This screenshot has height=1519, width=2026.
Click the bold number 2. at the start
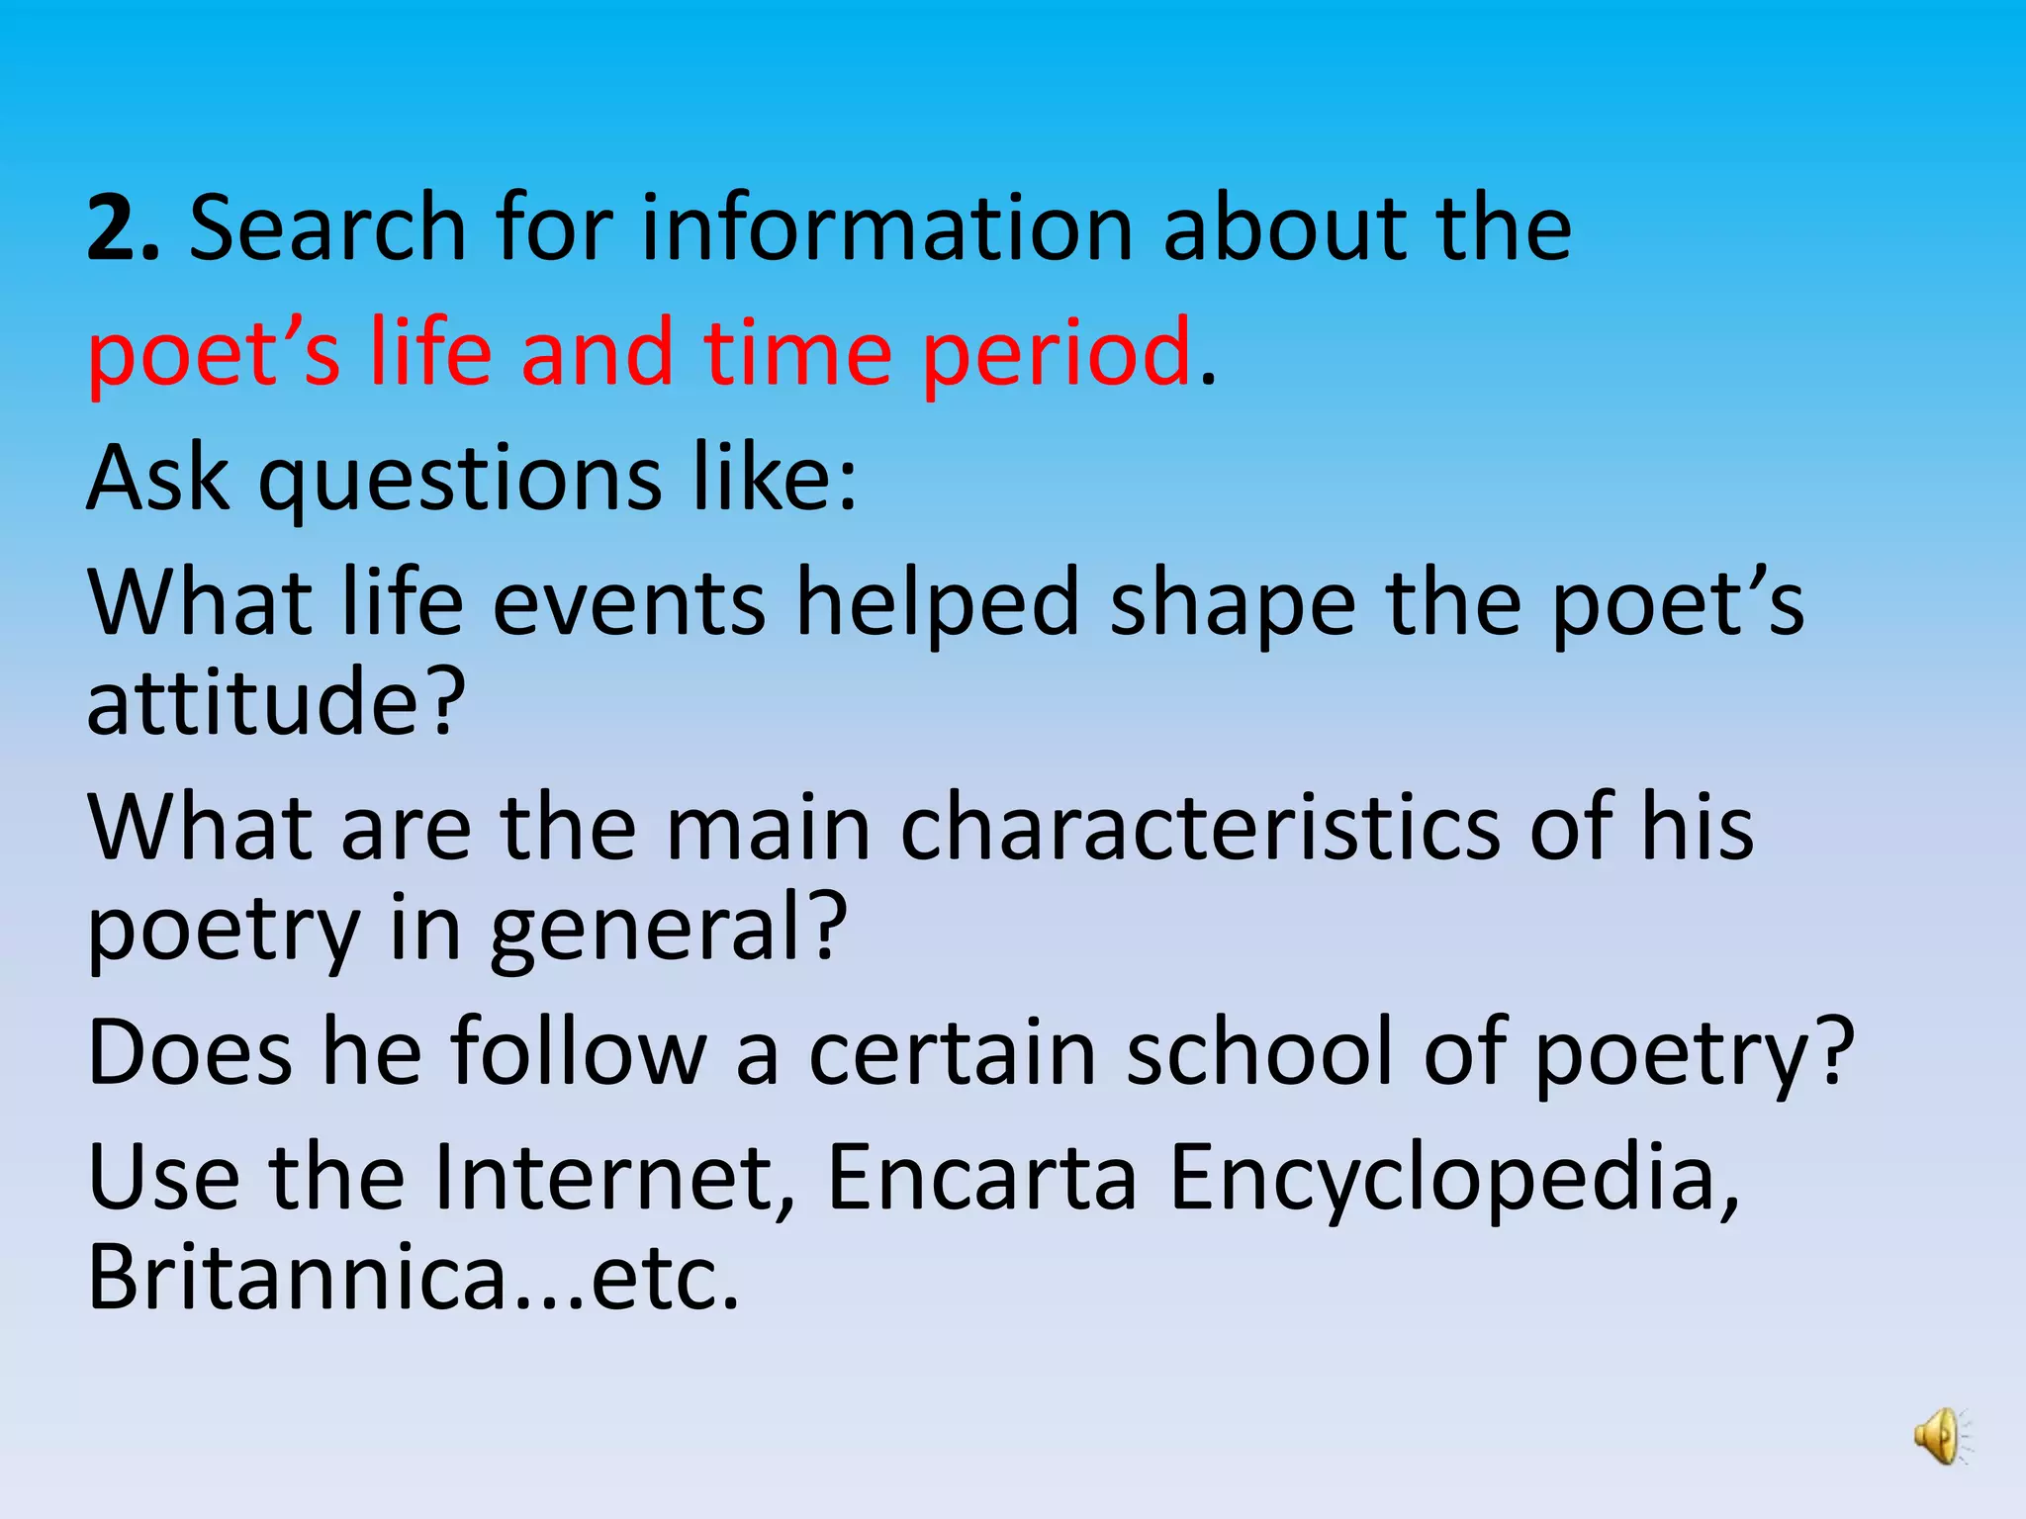(x=123, y=229)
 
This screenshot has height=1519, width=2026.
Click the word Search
(x=327, y=229)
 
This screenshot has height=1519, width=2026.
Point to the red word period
(x=1057, y=354)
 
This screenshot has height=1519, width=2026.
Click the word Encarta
(x=981, y=1179)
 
